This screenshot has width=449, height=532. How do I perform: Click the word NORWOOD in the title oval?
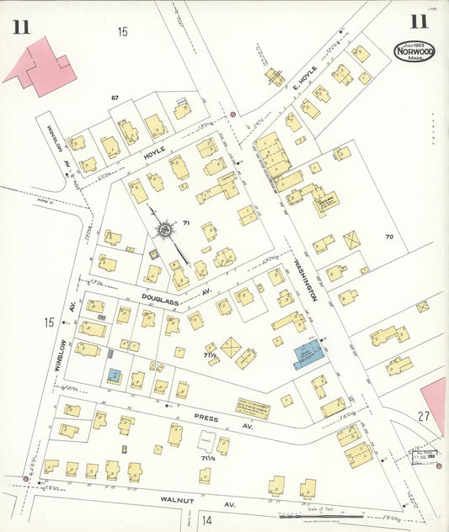tap(414, 51)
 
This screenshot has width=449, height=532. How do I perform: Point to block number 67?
tap(115, 98)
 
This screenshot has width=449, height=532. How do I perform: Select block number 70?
tap(389, 237)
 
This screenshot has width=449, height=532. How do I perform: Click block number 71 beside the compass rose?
tap(186, 223)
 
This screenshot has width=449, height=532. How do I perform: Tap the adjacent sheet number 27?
tap(423, 416)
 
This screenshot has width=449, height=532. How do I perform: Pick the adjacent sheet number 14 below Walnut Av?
tap(207, 519)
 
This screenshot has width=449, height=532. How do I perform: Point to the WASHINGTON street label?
tap(305, 279)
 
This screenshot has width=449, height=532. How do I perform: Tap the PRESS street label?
tap(207, 416)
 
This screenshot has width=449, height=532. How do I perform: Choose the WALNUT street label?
tap(178, 499)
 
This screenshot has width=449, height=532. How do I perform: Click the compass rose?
tap(166, 229)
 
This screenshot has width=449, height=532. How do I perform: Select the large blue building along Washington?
tap(307, 354)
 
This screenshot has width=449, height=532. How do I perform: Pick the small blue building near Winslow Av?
tap(114, 373)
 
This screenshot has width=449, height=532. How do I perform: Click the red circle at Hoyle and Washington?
tap(233, 114)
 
